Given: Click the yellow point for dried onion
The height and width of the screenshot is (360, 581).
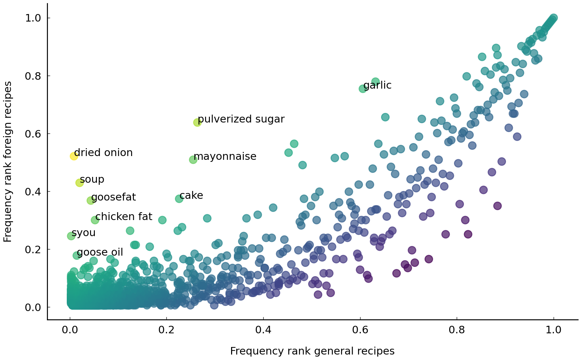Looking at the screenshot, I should pos(74,156).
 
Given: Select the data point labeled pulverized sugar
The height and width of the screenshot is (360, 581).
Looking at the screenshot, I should pos(197,122).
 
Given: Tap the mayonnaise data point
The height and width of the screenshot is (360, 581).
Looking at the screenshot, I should pos(193,159).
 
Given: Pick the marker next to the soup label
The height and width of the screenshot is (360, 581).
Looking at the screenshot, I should pos(79,183).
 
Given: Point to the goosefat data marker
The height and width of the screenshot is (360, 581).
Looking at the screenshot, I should pos(91,201).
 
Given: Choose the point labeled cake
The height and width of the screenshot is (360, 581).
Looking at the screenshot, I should pos(179,198).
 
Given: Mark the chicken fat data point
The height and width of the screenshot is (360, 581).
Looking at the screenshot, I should pos(95,220).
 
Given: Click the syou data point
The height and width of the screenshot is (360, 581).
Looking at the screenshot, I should pos(71,236).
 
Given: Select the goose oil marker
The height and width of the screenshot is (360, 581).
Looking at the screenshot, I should pos(77,255).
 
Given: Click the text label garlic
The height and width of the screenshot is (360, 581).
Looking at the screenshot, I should pos(377,85).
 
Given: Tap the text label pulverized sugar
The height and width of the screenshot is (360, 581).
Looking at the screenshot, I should pos(241,119).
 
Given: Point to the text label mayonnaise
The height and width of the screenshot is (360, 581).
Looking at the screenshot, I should pos(225,156).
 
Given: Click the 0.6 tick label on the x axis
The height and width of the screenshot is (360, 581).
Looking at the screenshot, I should pos(360,330).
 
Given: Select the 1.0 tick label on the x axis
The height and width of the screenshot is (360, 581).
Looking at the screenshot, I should pos(554,330).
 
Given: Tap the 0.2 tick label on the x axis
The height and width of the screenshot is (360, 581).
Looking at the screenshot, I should pos(167,330).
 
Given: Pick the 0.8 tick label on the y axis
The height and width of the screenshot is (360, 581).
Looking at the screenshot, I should pos(33,76).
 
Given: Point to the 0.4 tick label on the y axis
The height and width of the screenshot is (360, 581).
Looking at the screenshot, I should pos(33,192).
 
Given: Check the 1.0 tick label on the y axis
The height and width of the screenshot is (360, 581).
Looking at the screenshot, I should pos(33,18).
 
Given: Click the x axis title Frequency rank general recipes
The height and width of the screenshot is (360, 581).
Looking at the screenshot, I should pos(312,351).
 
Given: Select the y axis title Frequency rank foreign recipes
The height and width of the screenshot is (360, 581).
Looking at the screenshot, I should pos(8,162).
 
